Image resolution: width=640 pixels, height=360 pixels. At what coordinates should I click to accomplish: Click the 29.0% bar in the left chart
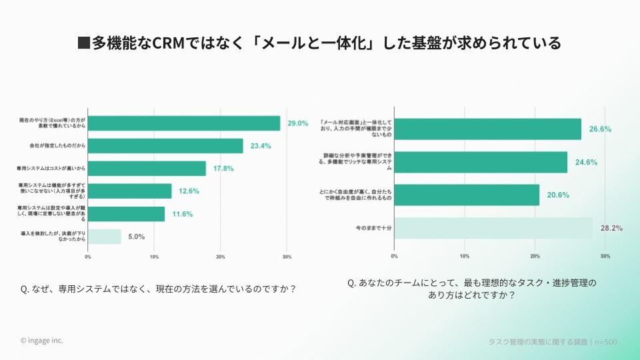(x=184, y=123)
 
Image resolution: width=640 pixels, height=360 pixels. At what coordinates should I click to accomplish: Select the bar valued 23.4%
(x=165, y=146)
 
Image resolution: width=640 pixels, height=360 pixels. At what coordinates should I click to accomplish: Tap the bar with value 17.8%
(x=147, y=169)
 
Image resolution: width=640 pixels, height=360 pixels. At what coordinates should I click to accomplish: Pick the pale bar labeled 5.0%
(x=105, y=236)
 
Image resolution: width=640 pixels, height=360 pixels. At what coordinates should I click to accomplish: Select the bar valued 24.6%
(x=481, y=162)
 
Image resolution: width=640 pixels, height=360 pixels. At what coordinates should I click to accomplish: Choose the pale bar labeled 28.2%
(x=493, y=228)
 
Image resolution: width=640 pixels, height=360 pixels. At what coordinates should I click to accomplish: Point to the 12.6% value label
(x=189, y=191)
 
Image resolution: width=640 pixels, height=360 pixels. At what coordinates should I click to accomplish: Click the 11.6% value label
(x=182, y=214)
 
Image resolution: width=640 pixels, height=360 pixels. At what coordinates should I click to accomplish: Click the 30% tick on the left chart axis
(x=287, y=256)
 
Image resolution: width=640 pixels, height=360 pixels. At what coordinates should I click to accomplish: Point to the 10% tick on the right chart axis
(x=465, y=255)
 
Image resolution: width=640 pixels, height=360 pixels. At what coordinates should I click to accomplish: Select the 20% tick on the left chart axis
(x=221, y=256)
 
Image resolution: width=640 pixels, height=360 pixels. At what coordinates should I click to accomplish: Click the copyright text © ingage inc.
(x=42, y=340)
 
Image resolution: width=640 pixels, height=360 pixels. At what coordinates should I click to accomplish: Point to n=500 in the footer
(x=605, y=342)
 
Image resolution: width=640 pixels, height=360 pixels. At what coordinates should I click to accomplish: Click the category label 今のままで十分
(x=373, y=228)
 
